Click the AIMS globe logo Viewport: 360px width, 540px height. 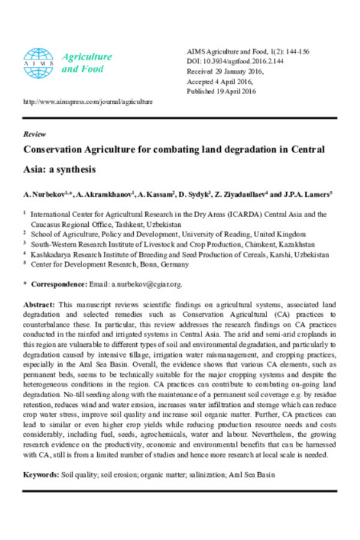(x=38, y=62)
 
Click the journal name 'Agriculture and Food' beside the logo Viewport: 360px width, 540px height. (x=87, y=62)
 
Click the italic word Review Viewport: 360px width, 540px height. (x=34, y=134)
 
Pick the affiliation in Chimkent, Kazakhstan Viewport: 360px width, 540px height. (x=180, y=244)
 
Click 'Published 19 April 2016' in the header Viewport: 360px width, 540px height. (x=222, y=91)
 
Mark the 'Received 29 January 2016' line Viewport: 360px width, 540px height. (x=227, y=71)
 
